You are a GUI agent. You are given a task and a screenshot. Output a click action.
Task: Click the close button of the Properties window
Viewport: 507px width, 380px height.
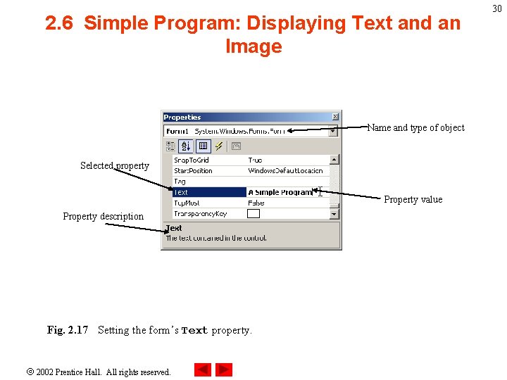click(x=335, y=117)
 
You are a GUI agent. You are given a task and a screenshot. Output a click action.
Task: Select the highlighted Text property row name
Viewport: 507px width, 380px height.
click(x=181, y=192)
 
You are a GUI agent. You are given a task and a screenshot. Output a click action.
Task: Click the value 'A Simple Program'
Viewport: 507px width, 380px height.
click(x=280, y=192)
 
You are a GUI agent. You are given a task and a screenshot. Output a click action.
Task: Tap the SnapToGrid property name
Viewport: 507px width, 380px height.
click(x=191, y=160)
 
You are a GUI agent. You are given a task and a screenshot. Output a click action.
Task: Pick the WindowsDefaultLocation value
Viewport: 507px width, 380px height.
click(x=285, y=171)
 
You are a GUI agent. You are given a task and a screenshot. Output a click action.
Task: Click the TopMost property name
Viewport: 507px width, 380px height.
click(x=187, y=203)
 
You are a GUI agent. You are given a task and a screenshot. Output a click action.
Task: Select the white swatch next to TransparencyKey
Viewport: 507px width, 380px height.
click(x=254, y=213)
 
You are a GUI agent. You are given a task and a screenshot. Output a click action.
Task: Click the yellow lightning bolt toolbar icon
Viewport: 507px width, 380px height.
click(x=219, y=146)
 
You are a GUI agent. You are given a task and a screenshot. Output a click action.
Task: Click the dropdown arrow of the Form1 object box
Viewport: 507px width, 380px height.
click(x=334, y=131)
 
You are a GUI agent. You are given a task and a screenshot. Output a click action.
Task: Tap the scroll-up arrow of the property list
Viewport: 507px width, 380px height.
click(x=334, y=160)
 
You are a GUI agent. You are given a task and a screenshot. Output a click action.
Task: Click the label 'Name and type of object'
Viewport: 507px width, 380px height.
click(x=416, y=128)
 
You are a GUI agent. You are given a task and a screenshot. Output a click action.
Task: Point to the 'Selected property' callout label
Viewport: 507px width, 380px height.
click(x=115, y=166)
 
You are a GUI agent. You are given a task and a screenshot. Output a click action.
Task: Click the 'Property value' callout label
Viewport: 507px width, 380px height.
click(x=413, y=200)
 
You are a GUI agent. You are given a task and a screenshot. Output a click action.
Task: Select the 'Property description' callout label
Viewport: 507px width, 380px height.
click(x=103, y=217)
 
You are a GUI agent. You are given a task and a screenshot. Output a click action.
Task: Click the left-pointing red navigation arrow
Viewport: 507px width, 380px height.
click(x=203, y=369)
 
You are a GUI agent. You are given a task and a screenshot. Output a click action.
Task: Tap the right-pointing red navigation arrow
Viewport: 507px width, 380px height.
click(x=224, y=369)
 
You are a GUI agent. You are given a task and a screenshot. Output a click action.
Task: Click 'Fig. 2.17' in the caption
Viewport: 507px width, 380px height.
click(x=68, y=330)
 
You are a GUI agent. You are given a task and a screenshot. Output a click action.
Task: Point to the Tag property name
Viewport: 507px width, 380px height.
click(x=180, y=182)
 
